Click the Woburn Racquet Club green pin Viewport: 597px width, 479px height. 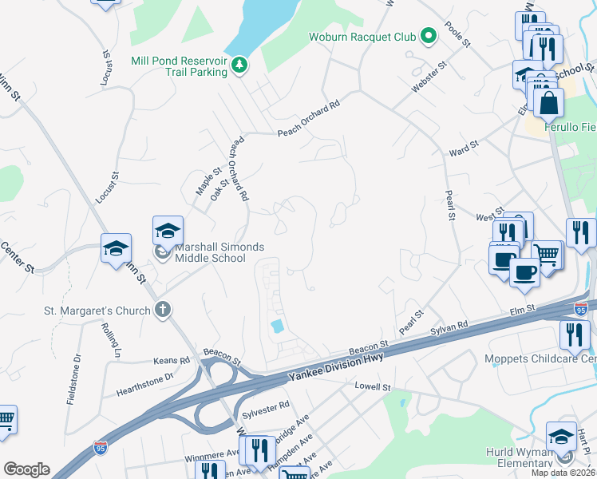tap(429, 36)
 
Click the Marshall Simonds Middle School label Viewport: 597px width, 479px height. tap(211, 252)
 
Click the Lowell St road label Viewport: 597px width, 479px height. tap(374, 387)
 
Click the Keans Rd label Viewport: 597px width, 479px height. tap(173, 360)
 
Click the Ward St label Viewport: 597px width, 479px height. tap(463, 148)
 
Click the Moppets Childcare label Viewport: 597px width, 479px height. tap(540, 358)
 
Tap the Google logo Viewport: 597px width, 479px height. tap(26, 469)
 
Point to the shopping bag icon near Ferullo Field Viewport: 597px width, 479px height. tap(549, 102)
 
